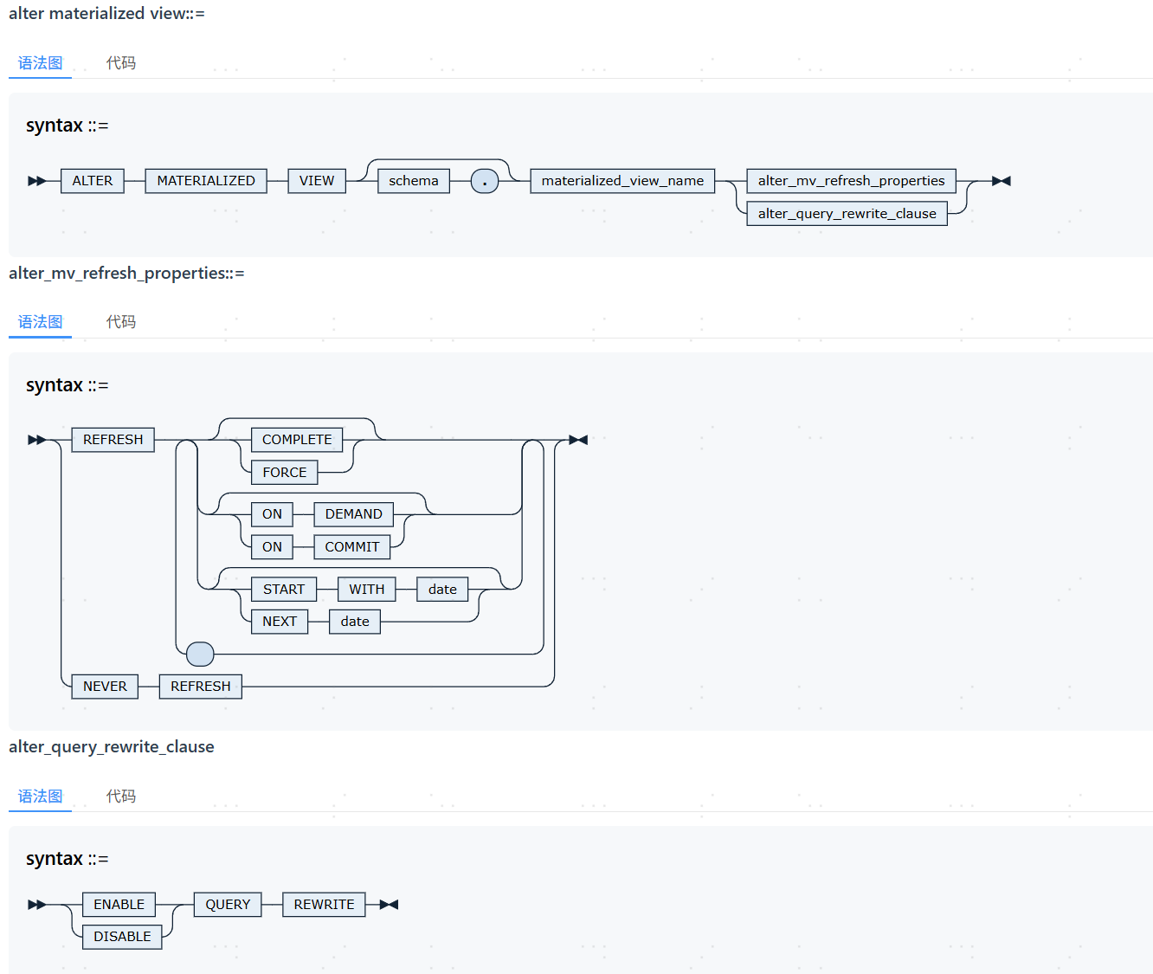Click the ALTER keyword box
93,181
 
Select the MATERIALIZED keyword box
206,181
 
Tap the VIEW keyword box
317,181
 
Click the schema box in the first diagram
414,181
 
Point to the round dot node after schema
484,181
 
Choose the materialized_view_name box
622,181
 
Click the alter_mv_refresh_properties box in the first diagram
851,181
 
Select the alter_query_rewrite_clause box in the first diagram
847,213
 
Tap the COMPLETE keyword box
297,440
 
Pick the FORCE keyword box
285,473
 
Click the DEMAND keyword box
353,514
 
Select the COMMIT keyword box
351,547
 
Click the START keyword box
284,590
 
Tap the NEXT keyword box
280,622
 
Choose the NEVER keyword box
105,687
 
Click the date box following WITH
442,590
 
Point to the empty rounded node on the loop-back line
200,655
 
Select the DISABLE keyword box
122,937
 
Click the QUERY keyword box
228,905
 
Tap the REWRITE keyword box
324,905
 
